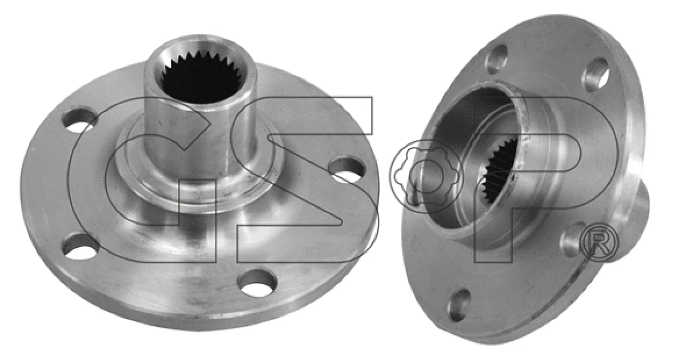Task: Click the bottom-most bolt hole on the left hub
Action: tap(257, 283)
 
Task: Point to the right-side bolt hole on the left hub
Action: tap(347, 170)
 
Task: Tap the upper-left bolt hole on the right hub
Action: tap(496, 59)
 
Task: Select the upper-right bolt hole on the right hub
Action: tap(595, 74)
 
